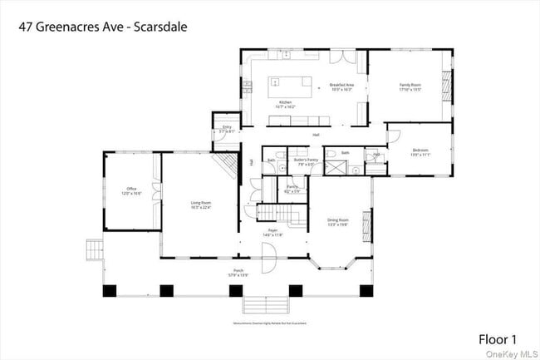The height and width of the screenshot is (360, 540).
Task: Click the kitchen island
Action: pos(292,85)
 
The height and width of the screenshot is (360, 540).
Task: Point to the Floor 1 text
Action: pos(498,339)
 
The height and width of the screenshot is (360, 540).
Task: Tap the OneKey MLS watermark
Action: pos(514,354)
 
